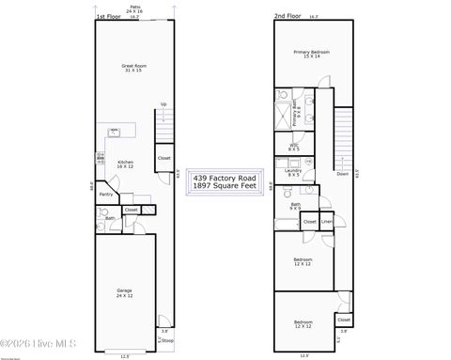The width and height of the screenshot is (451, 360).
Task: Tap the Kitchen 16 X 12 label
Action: click(125, 164)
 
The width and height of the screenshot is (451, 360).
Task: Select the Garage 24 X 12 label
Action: click(125, 292)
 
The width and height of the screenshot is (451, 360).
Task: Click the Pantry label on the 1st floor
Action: click(106, 195)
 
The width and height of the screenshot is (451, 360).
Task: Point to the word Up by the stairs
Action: click(163, 104)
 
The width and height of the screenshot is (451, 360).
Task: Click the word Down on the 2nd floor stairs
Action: click(342, 174)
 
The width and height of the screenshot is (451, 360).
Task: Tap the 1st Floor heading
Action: click(107, 17)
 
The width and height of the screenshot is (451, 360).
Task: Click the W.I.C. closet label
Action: click(294, 146)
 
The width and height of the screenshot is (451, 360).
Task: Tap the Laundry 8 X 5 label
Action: click(294, 173)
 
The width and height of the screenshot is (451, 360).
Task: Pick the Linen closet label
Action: click(326, 222)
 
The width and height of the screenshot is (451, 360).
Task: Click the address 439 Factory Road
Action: click(225, 177)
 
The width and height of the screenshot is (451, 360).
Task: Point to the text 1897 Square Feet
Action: click(225, 186)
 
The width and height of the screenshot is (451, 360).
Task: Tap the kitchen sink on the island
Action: click(114, 133)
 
